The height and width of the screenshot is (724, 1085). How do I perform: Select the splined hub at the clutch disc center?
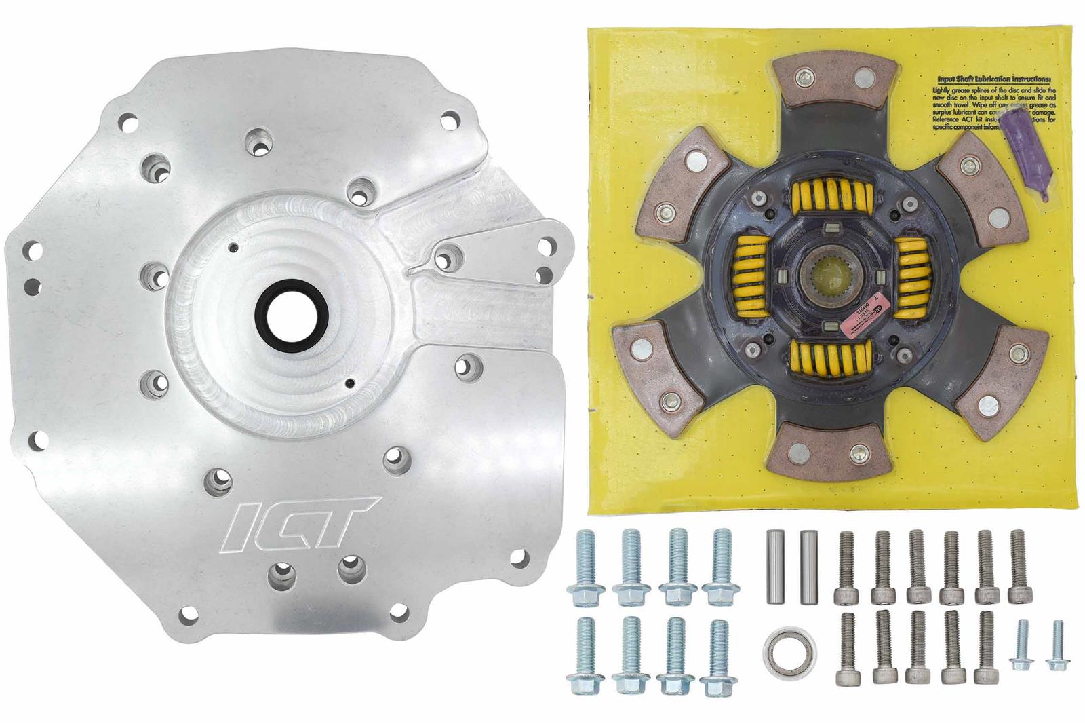tap(827, 279)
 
